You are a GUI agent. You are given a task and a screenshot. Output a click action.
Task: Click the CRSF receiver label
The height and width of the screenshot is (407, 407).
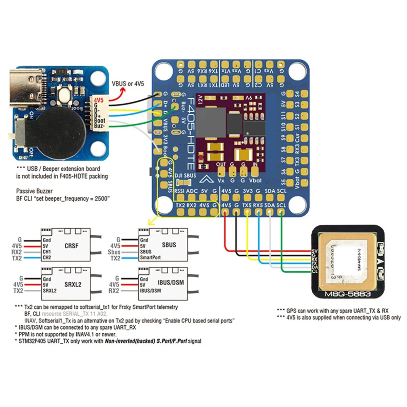71,245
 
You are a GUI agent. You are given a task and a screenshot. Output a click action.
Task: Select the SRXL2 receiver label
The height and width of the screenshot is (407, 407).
73,284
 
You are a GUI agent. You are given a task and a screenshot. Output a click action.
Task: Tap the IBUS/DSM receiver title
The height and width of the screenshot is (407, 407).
171,282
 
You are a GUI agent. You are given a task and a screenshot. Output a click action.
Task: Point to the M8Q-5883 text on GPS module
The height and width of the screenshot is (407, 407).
347,294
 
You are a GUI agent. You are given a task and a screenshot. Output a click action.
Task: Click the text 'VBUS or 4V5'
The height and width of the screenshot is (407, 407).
128,83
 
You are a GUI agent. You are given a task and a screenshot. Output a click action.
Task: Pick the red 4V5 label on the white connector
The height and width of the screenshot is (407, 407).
99,100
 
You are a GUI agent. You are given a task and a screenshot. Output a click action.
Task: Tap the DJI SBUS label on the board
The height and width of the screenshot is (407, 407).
185,175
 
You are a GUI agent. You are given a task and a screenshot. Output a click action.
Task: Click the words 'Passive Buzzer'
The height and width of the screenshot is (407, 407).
34,191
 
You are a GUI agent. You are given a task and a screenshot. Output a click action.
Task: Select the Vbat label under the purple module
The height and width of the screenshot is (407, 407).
255,181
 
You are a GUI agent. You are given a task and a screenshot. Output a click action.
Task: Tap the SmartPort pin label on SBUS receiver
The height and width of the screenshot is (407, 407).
150,257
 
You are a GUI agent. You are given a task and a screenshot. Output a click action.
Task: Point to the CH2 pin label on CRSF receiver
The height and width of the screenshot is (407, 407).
47,257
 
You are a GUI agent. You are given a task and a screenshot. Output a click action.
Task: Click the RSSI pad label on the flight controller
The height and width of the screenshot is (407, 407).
179,191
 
